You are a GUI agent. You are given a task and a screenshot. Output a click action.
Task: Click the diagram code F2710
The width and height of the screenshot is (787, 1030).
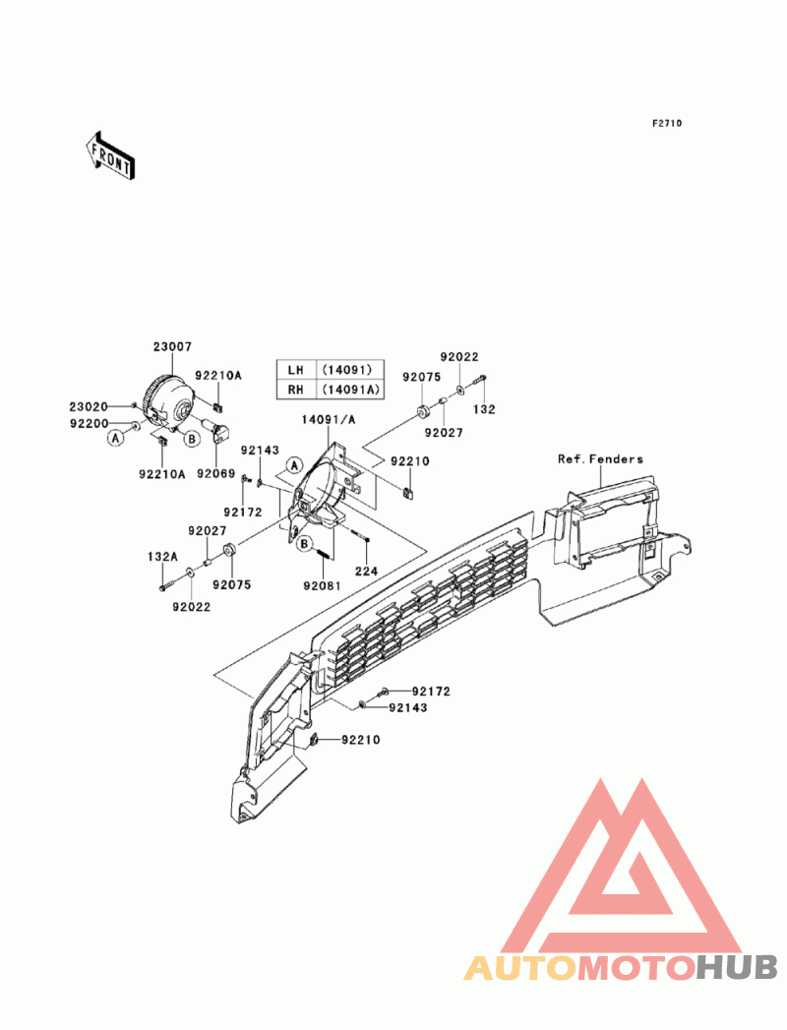coord(667,124)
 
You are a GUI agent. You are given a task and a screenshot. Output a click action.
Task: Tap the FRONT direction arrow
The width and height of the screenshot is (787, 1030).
coord(108,154)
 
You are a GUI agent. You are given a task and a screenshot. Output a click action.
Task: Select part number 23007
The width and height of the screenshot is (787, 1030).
coord(172,347)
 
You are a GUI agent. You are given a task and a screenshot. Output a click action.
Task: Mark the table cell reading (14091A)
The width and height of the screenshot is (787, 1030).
coord(348,390)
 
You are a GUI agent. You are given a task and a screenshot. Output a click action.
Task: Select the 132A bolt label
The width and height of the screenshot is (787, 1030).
coord(162,556)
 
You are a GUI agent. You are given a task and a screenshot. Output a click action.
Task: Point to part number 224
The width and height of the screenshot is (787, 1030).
coord(366,571)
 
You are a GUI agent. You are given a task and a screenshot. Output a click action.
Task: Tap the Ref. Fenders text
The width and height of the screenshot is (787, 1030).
coord(600,459)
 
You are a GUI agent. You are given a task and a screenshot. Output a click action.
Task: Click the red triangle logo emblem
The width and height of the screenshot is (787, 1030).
coord(623,866)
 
